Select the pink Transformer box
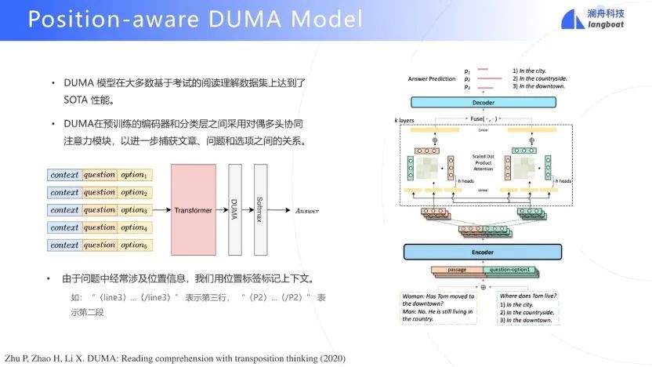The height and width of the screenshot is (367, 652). point(193,210)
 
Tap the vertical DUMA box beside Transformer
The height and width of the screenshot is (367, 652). point(234,210)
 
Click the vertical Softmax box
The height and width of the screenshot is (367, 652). point(260,210)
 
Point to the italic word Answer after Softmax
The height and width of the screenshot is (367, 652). point(306,210)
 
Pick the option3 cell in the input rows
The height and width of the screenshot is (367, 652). point(134,210)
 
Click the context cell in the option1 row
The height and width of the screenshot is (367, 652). point(64,174)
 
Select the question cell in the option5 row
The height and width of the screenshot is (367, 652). point(100,245)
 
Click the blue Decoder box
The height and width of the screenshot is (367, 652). point(482,102)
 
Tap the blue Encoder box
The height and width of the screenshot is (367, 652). point(482,252)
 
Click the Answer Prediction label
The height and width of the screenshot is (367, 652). point(430,79)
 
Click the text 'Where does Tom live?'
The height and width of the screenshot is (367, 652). point(529,296)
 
